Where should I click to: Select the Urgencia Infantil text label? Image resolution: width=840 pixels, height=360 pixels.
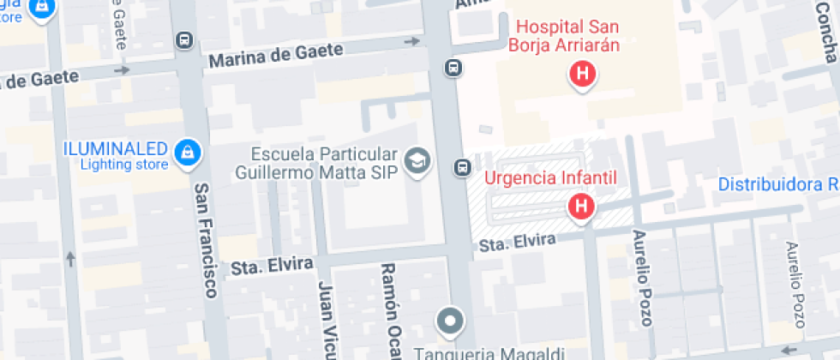[552, 179]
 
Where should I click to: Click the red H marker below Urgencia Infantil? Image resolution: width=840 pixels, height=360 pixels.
[581, 207]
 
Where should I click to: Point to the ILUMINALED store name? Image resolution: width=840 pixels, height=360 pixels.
[117, 148]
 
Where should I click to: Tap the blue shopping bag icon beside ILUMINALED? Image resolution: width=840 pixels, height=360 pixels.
[184, 153]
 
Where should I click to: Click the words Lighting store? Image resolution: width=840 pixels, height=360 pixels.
[125, 165]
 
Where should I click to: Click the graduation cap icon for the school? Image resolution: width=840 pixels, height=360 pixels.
[418, 159]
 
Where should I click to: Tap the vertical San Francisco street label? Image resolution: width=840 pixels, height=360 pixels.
[204, 240]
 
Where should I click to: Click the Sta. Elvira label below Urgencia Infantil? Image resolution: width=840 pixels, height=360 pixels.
[519, 243]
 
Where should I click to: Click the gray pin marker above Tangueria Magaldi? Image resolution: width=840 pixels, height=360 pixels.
[450, 322]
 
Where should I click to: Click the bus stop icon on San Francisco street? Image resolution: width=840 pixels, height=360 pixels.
[183, 39]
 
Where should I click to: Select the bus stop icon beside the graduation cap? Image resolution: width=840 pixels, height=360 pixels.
[462, 167]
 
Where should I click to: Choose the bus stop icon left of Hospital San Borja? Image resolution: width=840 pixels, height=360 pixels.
[453, 68]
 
